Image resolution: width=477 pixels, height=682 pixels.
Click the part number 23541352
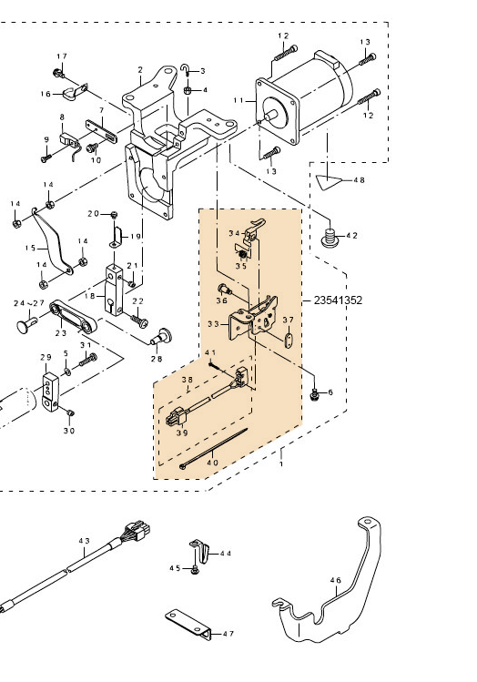point(338,300)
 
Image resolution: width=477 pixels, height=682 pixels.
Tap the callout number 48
point(360,180)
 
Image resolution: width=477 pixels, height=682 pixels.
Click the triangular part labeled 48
point(327,180)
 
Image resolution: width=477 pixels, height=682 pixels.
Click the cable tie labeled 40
point(213,448)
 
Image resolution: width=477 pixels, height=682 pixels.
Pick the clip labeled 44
point(199,550)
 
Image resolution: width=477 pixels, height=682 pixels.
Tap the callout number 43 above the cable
point(84,541)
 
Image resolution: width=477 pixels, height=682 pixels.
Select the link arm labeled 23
point(73,317)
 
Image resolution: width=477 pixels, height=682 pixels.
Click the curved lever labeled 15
point(52,241)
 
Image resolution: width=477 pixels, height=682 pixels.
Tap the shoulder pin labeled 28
point(162,336)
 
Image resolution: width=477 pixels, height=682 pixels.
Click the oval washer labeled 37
point(289,341)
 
